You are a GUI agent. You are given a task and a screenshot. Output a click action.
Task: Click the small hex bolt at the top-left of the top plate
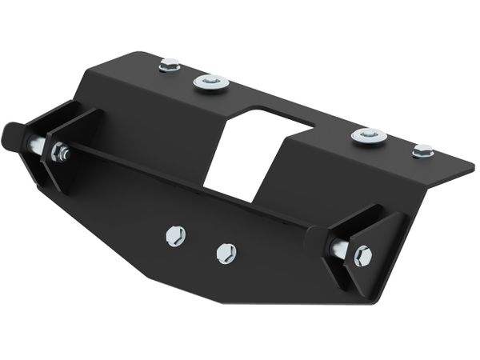169,65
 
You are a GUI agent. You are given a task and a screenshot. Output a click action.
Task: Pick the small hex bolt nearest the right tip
422,150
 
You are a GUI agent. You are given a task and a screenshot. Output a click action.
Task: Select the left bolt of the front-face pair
175,235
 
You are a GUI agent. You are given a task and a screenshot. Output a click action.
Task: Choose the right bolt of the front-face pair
226,254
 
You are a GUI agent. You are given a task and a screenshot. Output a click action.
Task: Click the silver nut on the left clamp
60,152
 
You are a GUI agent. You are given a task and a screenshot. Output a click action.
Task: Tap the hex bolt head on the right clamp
362,256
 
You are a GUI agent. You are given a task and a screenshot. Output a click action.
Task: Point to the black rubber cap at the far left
14,138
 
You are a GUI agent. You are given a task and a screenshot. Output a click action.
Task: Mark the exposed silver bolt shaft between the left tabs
38,145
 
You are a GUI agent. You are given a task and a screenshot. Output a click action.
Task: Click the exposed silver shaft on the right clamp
339,250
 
